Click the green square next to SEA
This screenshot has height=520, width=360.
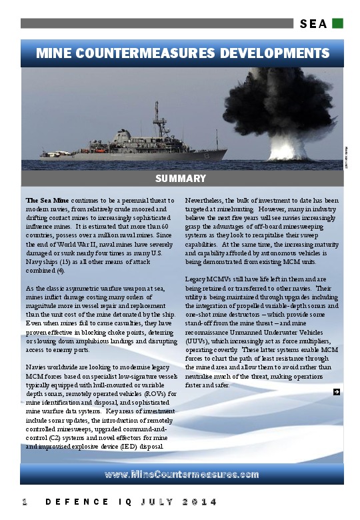click(x=338, y=23)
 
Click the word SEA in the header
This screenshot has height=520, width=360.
click(x=313, y=24)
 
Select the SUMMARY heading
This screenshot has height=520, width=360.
click(x=180, y=179)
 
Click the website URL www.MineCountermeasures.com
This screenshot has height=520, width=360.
click(x=181, y=474)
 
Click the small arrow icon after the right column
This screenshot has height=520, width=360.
click(x=337, y=392)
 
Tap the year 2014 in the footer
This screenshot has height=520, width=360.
click(x=200, y=501)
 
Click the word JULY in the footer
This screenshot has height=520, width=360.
click(x=155, y=501)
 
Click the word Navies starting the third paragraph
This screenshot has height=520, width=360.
click(x=37, y=368)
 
